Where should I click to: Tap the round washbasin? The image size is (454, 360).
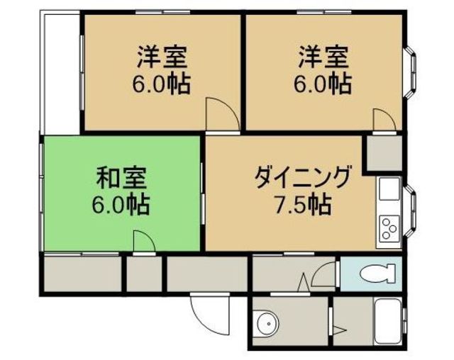coord(267,324)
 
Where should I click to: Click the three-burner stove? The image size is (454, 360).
coord(389,227)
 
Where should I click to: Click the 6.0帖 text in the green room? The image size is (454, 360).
coord(119,205)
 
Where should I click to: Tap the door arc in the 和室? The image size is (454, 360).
coord(142,240)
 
